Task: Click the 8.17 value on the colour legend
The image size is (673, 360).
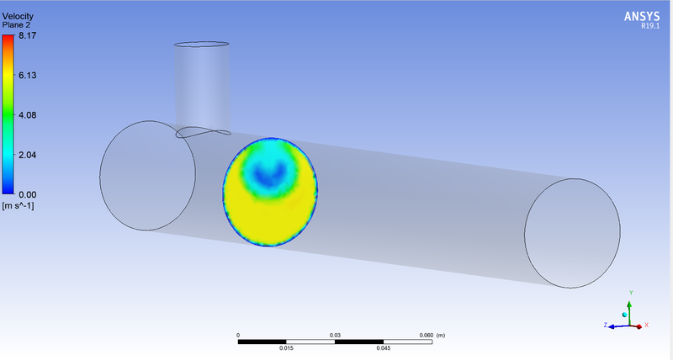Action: click(28, 35)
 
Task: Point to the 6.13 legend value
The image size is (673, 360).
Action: click(28, 76)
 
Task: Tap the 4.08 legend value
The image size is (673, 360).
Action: click(28, 115)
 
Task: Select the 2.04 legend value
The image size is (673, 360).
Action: click(28, 155)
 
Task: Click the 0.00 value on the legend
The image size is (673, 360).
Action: click(28, 195)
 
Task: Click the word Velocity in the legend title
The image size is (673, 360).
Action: click(18, 16)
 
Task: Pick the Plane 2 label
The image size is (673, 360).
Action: click(16, 25)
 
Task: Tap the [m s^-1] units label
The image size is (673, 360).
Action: click(18, 206)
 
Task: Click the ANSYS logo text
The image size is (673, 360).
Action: click(642, 17)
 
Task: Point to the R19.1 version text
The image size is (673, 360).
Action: click(650, 26)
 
